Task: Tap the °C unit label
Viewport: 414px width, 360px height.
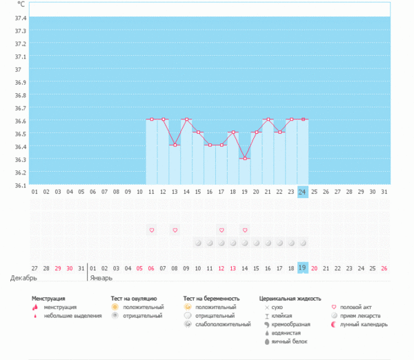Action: [x=20, y=5]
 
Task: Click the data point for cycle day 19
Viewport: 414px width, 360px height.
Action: [x=244, y=158]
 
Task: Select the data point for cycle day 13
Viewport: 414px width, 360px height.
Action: [x=175, y=145]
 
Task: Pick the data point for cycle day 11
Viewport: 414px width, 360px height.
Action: [x=151, y=119]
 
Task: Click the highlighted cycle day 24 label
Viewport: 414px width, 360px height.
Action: [x=302, y=192]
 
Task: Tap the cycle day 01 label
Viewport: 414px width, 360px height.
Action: [x=34, y=192]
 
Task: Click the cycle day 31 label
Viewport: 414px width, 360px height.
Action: [x=384, y=192]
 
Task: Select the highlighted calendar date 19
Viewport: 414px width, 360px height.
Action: [x=302, y=268]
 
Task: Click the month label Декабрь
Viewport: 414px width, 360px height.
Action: [x=23, y=278]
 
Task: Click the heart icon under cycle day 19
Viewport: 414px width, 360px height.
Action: [x=244, y=230]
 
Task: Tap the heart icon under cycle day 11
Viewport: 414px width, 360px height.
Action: [x=151, y=230]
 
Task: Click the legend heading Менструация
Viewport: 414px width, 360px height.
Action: [x=54, y=299]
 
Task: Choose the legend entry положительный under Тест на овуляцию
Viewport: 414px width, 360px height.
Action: [x=144, y=307]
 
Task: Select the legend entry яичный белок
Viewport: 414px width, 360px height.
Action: [x=288, y=341]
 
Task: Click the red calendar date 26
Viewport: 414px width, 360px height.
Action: [x=384, y=268]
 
